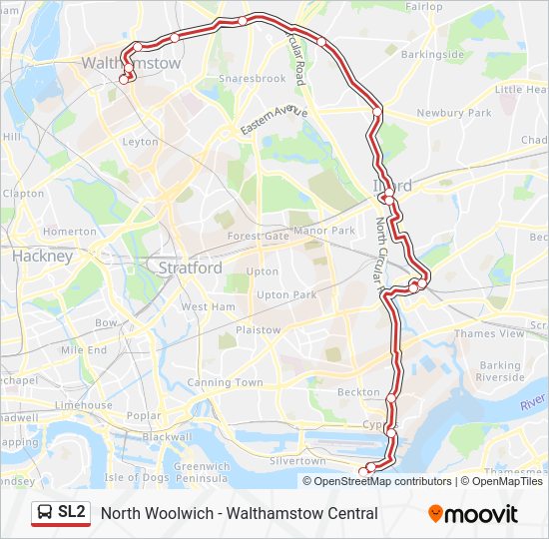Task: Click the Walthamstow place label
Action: pyautogui.click(x=132, y=63)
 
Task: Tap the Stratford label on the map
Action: pyautogui.click(x=191, y=268)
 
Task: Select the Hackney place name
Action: pyautogui.click(x=43, y=256)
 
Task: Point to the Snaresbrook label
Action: pyautogui.click(x=252, y=79)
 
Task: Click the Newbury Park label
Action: pyautogui.click(x=454, y=114)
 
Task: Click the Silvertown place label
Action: pyautogui.click(x=298, y=461)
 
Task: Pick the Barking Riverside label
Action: pyautogui.click(x=500, y=371)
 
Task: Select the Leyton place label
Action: pyautogui.click(x=140, y=142)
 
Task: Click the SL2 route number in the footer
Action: pyautogui.click(x=72, y=513)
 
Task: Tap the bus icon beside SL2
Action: pyautogui.click(x=45, y=513)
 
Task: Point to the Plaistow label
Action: pyautogui.click(x=259, y=329)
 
